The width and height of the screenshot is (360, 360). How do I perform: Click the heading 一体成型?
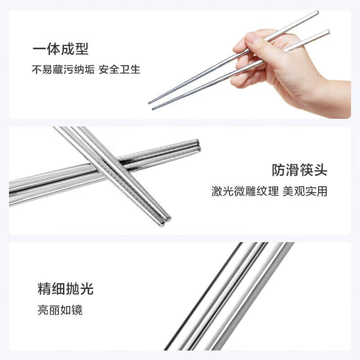pyautogui.click(x=60, y=49)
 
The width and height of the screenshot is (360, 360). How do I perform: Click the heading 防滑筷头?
pyautogui.click(x=299, y=170)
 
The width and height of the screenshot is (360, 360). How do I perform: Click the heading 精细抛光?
pyautogui.click(x=66, y=289)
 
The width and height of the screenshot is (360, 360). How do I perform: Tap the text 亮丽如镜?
pyautogui.click(x=60, y=310)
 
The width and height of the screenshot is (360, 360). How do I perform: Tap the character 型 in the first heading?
pyautogui.click(x=82, y=49)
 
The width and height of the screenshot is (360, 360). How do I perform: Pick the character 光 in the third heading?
pyautogui.click(x=87, y=289)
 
